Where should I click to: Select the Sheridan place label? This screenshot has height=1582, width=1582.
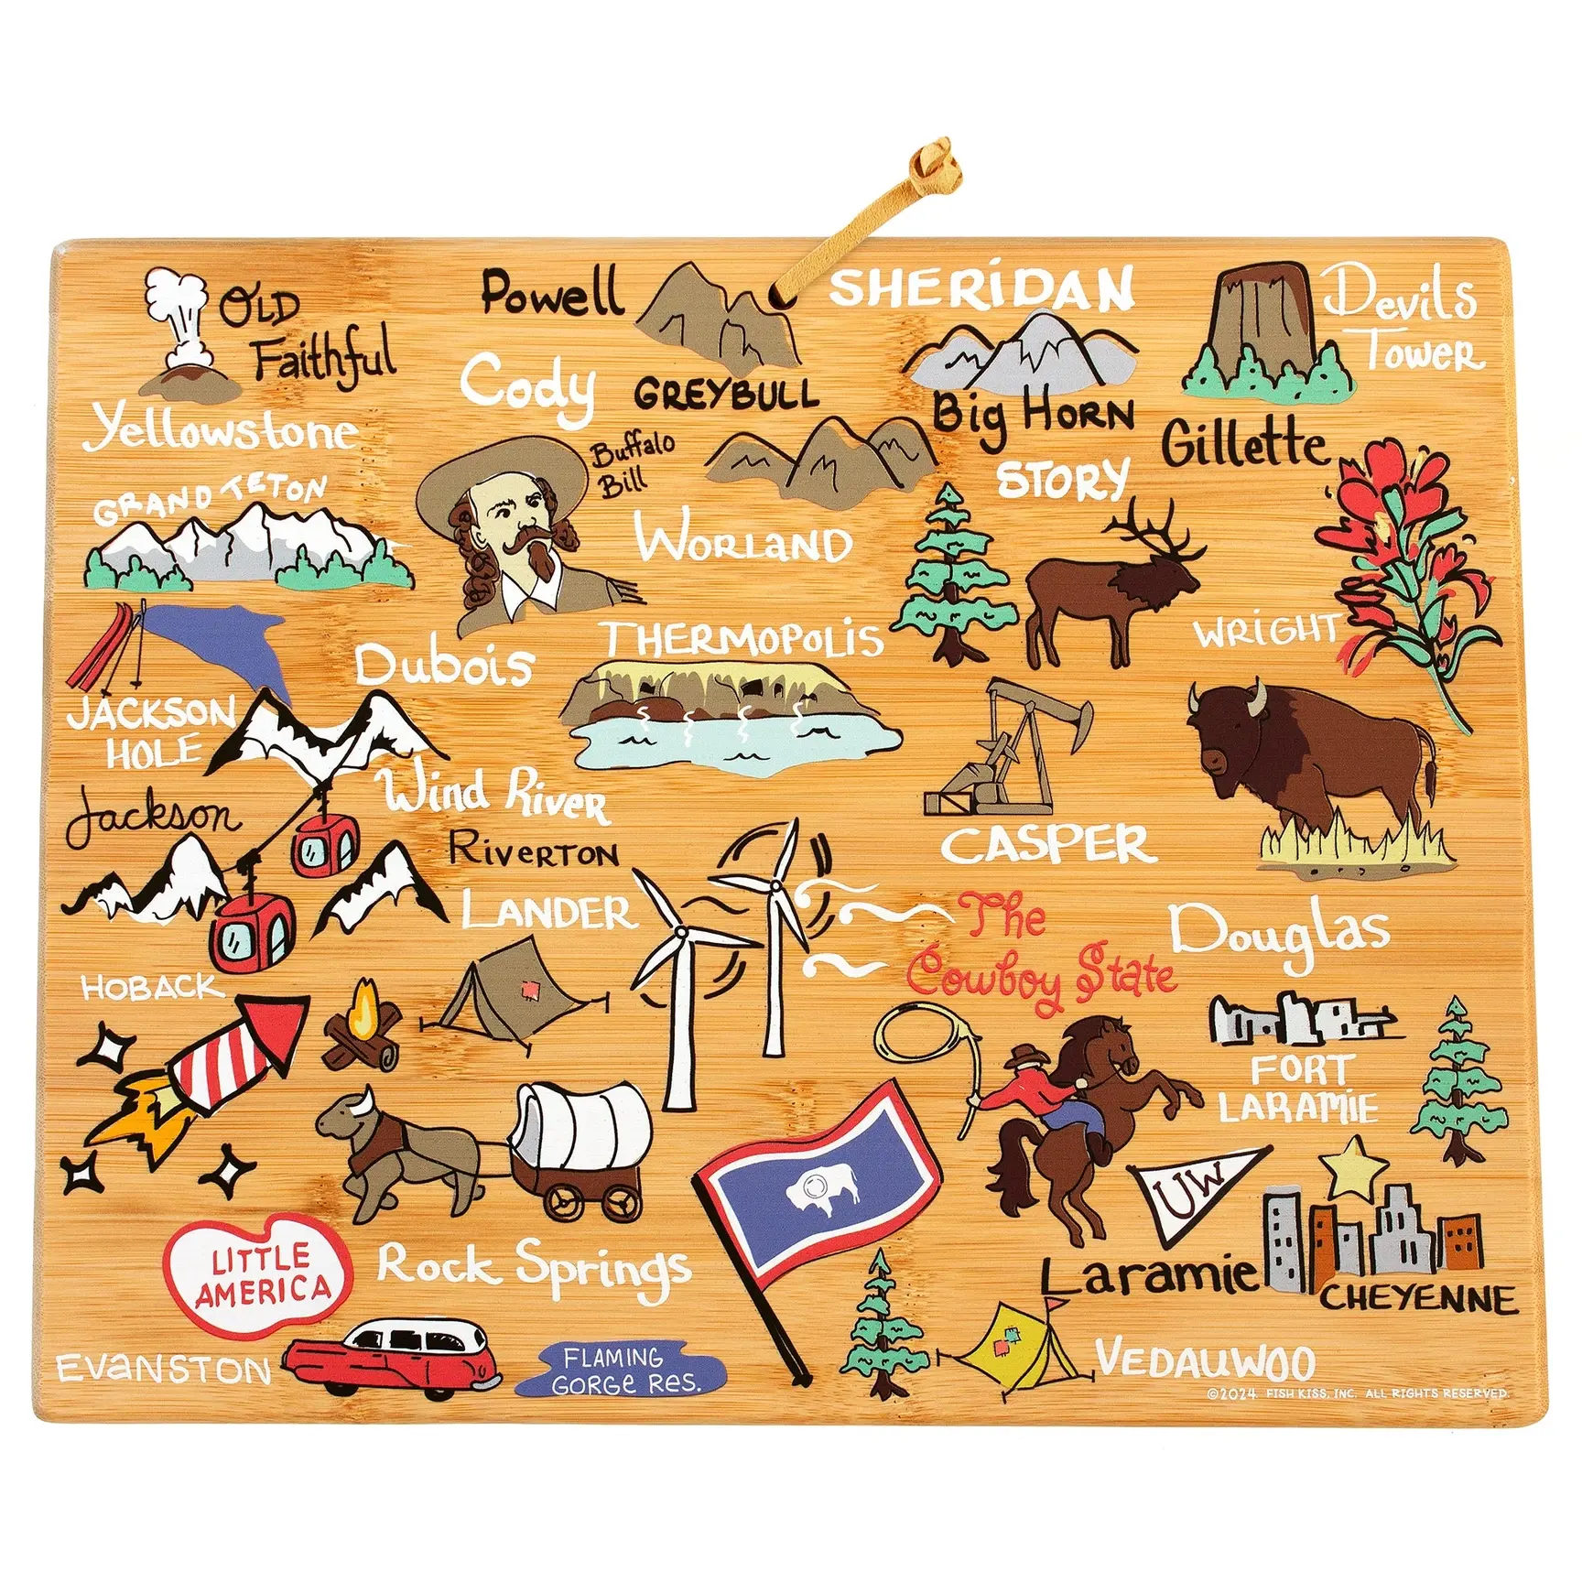click(x=981, y=288)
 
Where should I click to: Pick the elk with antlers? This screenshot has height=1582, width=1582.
click(x=1112, y=586)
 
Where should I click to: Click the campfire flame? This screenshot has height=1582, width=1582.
click(x=363, y=1007)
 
